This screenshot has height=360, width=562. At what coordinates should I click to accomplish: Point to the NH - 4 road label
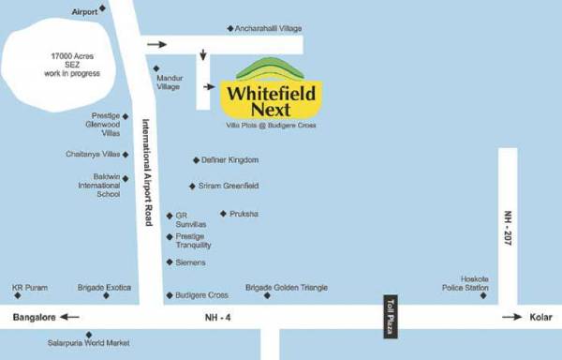pos(217,318)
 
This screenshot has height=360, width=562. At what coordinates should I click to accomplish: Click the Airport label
pos(84,11)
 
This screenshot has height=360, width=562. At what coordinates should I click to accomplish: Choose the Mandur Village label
pos(169,82)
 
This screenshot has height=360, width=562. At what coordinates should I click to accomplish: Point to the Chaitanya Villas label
pos(94,154)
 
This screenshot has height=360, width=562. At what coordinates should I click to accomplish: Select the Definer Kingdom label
pos(229,160)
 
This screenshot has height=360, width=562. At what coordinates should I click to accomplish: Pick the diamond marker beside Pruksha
pos(223,214)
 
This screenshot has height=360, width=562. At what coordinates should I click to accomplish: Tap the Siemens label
pos(191,262)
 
